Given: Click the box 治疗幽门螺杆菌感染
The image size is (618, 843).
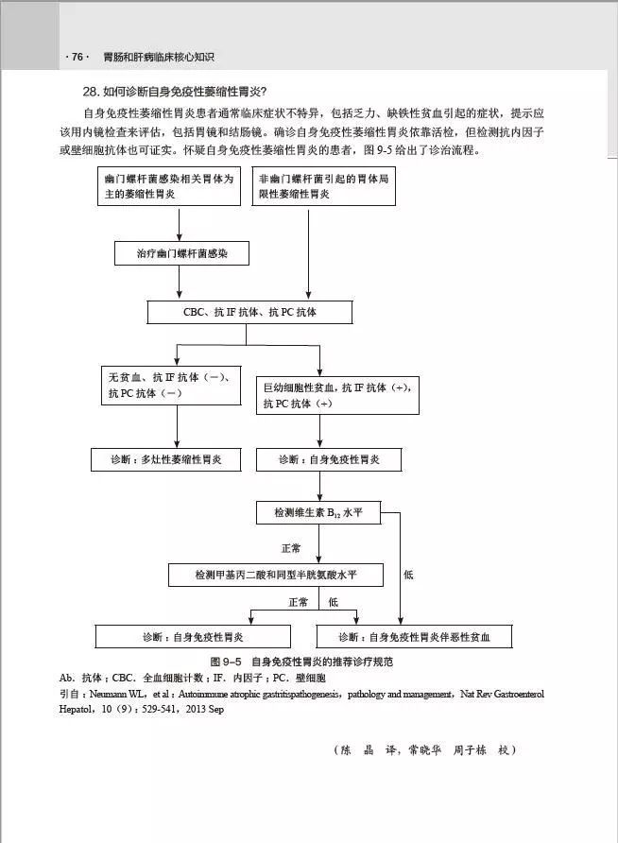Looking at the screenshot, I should pos(181,254).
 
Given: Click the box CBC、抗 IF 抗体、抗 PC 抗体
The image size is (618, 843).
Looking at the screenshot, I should pos(250,312).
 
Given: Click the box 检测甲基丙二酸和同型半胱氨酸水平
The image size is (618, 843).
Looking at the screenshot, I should pos(276,575).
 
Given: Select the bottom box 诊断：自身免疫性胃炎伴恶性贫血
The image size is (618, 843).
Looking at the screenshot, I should pos(414,636).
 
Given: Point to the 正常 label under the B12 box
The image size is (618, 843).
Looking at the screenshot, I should pos(291,548).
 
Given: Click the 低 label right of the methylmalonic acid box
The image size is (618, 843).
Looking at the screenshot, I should pos(408,574).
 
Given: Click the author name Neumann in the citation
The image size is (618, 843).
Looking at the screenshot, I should pos(115,694).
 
